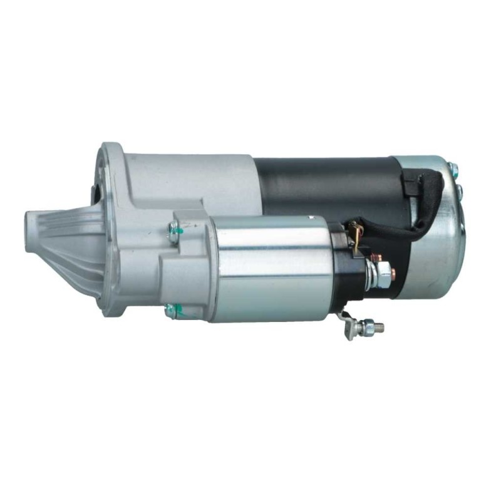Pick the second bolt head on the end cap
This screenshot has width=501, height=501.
pyautogui.click(x=460, y=187)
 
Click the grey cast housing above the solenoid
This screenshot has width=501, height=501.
pyautogui.click(x=188, y=175)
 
